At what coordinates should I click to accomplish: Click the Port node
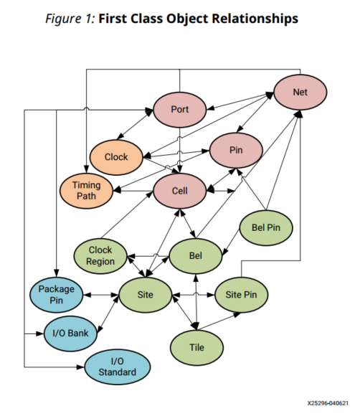tap(180, 110)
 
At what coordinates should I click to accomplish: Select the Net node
tap(300, 93)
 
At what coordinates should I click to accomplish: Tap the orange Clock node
tap(115, 157)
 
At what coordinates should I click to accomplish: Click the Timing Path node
tap(85, 190)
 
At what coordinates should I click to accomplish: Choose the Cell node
tap(180, 191)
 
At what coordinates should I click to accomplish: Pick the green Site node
tap(146, 295)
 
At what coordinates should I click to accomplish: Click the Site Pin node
tap(241, 294)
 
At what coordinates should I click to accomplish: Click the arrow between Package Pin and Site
tap(101, 295)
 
